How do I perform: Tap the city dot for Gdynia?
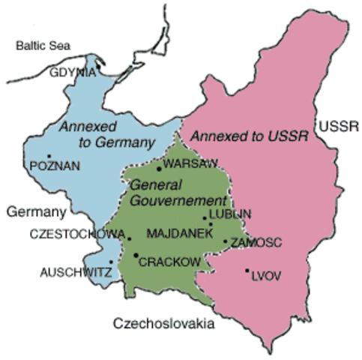[98, 65]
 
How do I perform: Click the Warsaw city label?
[190, 163]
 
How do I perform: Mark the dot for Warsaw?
[159, 169]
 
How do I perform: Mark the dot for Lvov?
[247, 270]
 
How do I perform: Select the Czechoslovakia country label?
[163, 324]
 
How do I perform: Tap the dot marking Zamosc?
[226, 241]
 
